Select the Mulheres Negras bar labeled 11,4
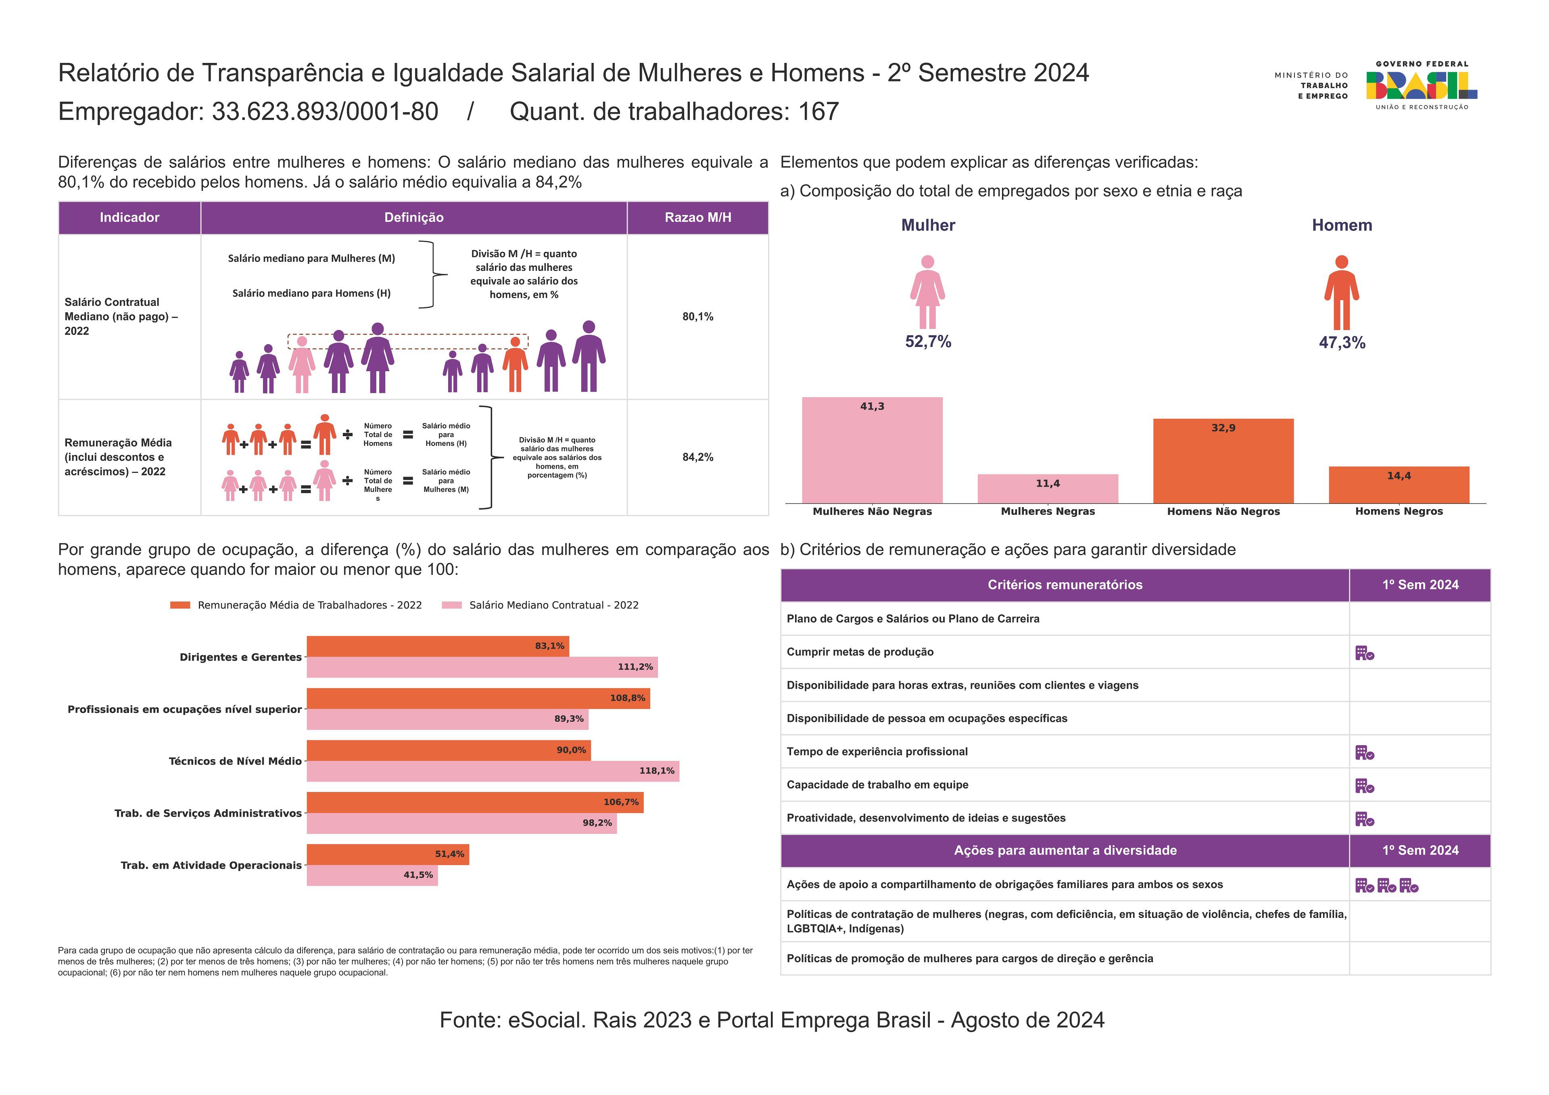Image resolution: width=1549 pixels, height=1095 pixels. pyautogui.click(x=1048, y=489)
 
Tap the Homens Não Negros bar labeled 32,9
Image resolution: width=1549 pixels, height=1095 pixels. pyautogui.click(x=1223, y=461)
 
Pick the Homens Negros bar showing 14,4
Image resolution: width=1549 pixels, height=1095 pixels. pyautogui.click(x=1399, y=485)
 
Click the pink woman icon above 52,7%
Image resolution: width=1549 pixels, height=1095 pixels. pyautogui.click(x=928, y=292)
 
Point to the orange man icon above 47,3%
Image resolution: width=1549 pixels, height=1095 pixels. pyautogui.click(x=1341, y=292)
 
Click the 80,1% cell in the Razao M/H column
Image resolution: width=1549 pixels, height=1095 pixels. pyautogui.click(x=697, y=316)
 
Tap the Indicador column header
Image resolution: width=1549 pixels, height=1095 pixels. pyautogui.click(x=129, y=217)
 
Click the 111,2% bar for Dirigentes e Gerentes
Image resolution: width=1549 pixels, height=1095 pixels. pyautogui.click(x=482, y=667)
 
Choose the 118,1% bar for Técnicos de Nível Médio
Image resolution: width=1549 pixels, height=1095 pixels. pyautogui.click(x=493, y=771)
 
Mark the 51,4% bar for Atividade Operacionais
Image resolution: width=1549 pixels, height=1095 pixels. pyautogui.click(x=388, y=854)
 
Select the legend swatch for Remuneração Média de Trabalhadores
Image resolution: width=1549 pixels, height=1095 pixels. pyautogui.click(x=180, y=605)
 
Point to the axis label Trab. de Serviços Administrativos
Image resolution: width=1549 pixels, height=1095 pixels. pyautogui.click(x=208, y=813)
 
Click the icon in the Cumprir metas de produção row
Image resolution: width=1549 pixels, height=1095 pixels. pyautogui.click(x=1364, y=653)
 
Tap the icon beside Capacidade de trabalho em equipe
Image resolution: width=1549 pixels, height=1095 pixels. pyautogui.click(x=1364, y=786)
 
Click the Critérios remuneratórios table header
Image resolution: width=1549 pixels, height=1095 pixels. pyautogui.click(x=1065, y=585)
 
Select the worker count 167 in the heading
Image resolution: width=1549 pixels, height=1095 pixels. pyautogui.click(x=818, y=111)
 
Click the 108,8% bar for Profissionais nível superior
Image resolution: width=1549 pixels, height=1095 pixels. pyautogui.click(x=478, y=698)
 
